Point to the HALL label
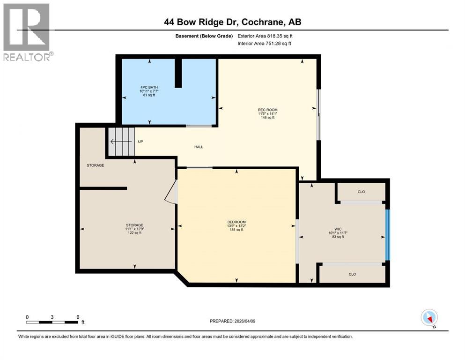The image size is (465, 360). pyautogui.click(x=199, y=147)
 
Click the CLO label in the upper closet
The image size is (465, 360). pyautogui.click(x=361, y=192)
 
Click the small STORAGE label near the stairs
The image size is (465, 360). pyautogui.click(x=95, y=165)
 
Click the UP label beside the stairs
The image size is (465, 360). pyautogui.click(x=140, y=142)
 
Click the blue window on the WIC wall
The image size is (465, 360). pyautogui.click(x=387, y=234)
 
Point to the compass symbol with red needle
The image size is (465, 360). pyautogui.click(x=429, y=318)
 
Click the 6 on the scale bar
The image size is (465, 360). pyautogui.click(x=77, y=317)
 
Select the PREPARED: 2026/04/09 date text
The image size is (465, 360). pyautogui.click(x=233, y=321)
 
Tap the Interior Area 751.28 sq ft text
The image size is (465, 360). pyautogui.click(x=265, y=43)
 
